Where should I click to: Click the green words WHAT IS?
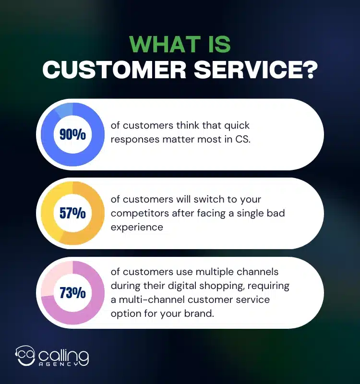click(x=180, y=45)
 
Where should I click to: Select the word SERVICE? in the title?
click(x=254, y=71)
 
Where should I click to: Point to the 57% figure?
click(x=72, y=213)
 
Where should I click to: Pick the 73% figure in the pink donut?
click(x=72, y=292)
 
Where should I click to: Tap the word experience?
click(x=137, y=227)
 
